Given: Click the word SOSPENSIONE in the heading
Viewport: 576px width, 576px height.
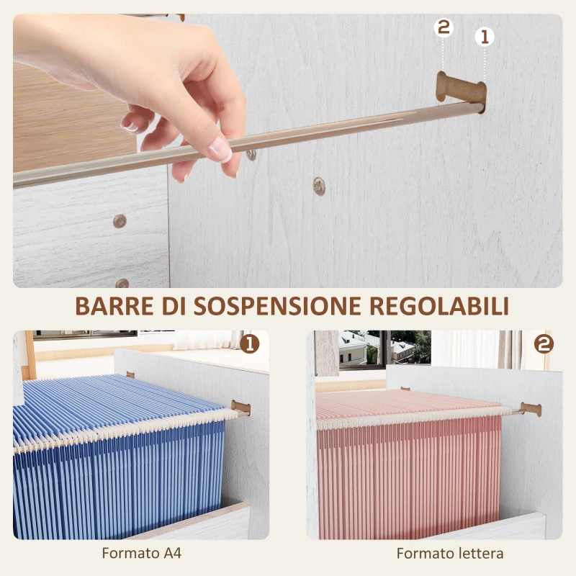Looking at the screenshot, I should pyautogui.click(x=276, y=305).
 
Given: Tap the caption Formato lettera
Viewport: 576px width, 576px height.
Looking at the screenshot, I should pyautogui.click(x=450, y=554).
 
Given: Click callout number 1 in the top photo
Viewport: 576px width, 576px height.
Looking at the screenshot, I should pyautogui.click(x=484, y=36).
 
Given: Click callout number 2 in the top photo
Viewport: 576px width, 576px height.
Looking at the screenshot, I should pyautogui.click(x=444, y=28).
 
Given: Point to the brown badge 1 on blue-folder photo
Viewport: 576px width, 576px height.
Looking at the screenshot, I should pyautogui.click(x=250, y=343).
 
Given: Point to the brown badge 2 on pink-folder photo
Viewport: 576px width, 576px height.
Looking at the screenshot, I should pyautogui.click(x=544, y=343).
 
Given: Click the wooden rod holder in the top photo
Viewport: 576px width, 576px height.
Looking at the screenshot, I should pyautogui.click(x=459, y=88).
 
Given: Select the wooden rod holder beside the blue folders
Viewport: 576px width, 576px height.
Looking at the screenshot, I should pyautogui.click(x=242, y=408).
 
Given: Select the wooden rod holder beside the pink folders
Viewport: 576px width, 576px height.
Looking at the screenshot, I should pyautogui.click(x=530, y=409).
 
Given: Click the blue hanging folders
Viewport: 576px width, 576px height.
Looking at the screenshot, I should pyautogui.click(x=115, y=475).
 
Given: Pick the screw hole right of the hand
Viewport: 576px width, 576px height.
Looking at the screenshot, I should pyautogui.click(x=319, y=186).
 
